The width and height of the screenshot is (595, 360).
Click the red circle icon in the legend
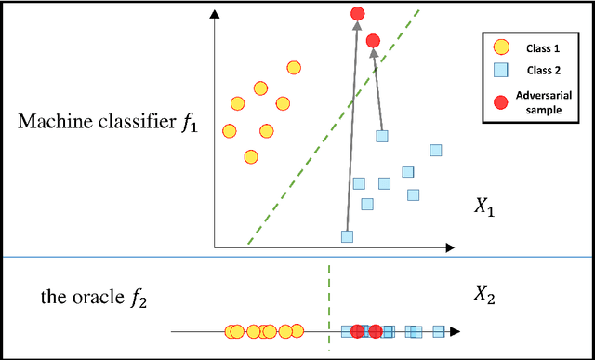point(500,100)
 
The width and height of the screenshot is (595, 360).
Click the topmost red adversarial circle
point(358,13)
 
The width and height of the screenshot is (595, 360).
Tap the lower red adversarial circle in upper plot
point(373,41)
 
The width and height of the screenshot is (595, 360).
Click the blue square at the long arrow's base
point(347,236)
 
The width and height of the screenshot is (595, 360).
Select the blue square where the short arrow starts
point(381,136)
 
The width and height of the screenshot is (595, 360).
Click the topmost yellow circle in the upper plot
point(294,67)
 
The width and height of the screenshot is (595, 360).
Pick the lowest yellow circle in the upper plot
point(250,156)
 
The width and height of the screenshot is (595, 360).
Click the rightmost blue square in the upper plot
point(434,150)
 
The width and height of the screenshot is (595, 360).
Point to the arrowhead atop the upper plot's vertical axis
point(215,13)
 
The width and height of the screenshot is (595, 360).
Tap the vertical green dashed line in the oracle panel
point(329,307)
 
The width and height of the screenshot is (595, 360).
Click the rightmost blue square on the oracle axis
point(439,330)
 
